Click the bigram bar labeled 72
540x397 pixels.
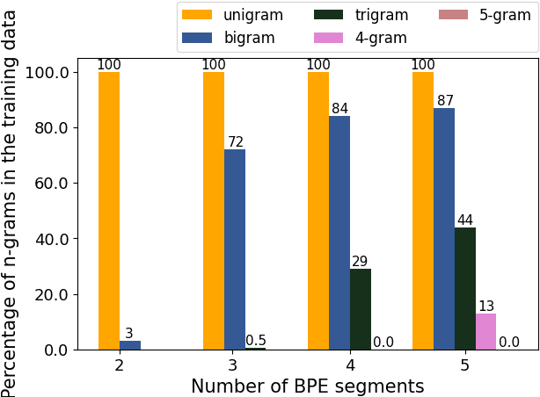[x=235, y=249]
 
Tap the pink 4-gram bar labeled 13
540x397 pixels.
[x=486, y=331]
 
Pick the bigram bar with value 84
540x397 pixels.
[x=339, y=233]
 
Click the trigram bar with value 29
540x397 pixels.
[x=361, y=309]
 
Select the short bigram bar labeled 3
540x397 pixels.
[x=130, y=345]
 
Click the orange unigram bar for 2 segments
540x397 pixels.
[x=109, y=211]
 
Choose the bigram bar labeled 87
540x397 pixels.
[x=444, y=228]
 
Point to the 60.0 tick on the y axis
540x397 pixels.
[x=50, y=183]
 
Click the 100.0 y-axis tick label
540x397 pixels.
[x=47, y=72]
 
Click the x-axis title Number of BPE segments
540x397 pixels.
[x=307, y=386]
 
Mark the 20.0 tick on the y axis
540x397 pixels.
[x=50, y=294]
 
